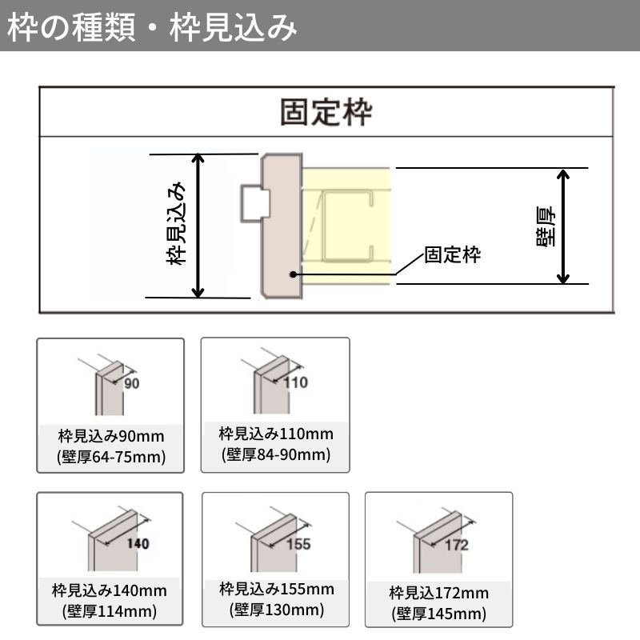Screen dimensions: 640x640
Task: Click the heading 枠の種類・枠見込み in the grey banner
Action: (152, 27)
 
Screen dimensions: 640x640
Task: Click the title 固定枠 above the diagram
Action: (326, 113)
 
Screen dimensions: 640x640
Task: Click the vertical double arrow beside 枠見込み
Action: (199, 225)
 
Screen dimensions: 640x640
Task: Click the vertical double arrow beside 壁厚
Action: (564, 226)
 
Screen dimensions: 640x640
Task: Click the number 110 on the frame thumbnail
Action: (296, 382)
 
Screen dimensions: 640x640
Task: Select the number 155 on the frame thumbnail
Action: (298, 544)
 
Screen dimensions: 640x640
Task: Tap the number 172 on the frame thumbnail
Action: (456, 546)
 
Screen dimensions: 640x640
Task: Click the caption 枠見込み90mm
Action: (111, 437)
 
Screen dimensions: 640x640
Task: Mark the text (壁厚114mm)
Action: (110, 612)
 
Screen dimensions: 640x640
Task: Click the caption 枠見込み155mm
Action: (276, 590)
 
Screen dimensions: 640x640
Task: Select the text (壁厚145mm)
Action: (439, 614)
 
